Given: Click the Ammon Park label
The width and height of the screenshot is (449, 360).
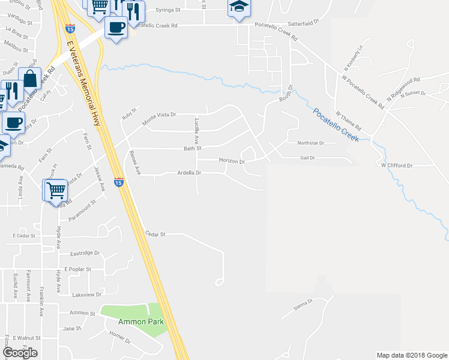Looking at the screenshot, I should (x=141, y=322).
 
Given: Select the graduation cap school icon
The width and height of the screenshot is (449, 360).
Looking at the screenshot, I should (x=238, y=8).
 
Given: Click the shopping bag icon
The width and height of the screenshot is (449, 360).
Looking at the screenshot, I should (x=29, y=79).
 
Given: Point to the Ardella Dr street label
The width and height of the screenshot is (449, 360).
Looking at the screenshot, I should (x=188, y=173).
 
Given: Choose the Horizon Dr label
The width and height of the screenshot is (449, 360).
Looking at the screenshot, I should (x=232, y=161).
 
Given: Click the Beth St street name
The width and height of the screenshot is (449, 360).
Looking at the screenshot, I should (x=192, y=148).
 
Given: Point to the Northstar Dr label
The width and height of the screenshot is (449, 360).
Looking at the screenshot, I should (x=310, y=143).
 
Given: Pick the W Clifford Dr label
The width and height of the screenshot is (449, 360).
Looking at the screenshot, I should (x=397, y=165).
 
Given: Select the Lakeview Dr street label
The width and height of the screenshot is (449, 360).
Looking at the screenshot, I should (x=86, y=295).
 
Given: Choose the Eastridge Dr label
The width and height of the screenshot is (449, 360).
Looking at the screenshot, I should (x=85, y=254).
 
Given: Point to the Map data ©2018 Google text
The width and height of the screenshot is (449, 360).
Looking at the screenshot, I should (x=411, y=355).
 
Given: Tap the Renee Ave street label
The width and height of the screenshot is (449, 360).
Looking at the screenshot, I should (x=134, y=163).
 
